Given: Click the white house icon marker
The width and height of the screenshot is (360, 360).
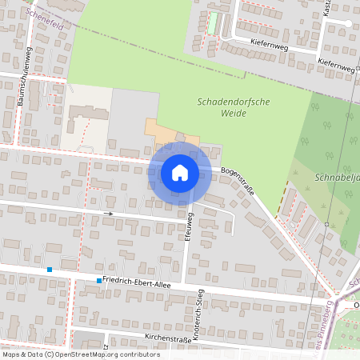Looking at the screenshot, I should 180,173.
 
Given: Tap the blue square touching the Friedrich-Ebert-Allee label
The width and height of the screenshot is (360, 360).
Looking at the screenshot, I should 99,280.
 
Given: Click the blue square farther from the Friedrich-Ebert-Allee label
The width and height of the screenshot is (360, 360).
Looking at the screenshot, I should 50,270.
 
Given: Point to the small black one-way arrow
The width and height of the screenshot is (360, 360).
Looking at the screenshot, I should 111,214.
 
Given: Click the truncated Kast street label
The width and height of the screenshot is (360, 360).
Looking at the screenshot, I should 326,8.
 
